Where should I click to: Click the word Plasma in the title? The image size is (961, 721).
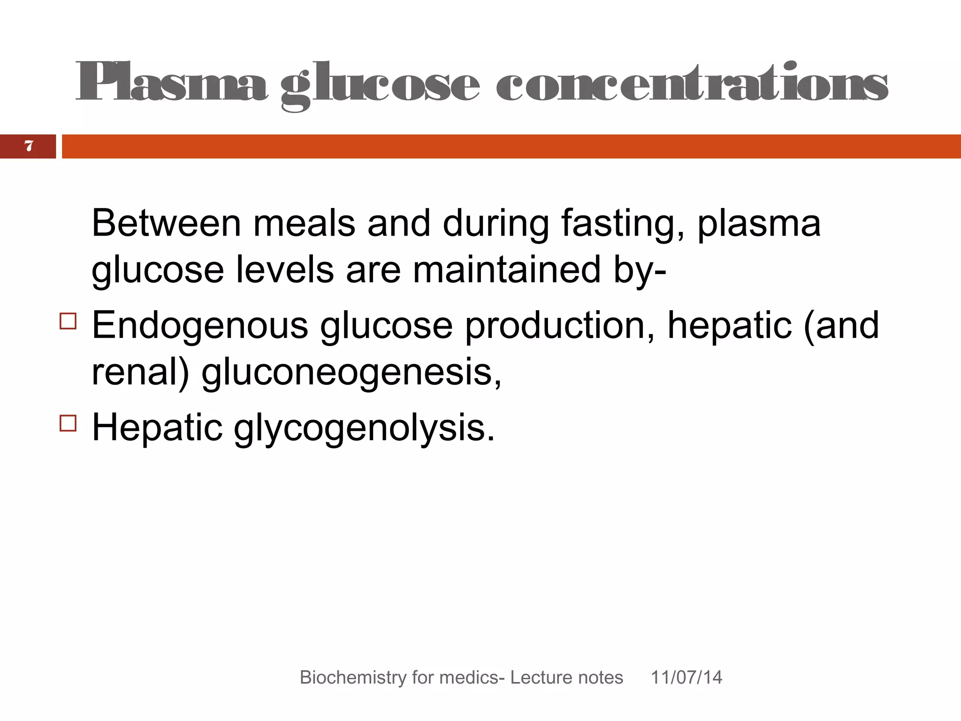coord(171,84)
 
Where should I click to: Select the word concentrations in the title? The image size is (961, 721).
coord(692,84)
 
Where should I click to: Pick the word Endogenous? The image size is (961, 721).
coord(200,326)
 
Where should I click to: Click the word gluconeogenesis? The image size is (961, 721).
coord(351,373)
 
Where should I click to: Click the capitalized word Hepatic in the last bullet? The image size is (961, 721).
coord(157,428)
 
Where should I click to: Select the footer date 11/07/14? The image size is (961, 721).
coord(686,677)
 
